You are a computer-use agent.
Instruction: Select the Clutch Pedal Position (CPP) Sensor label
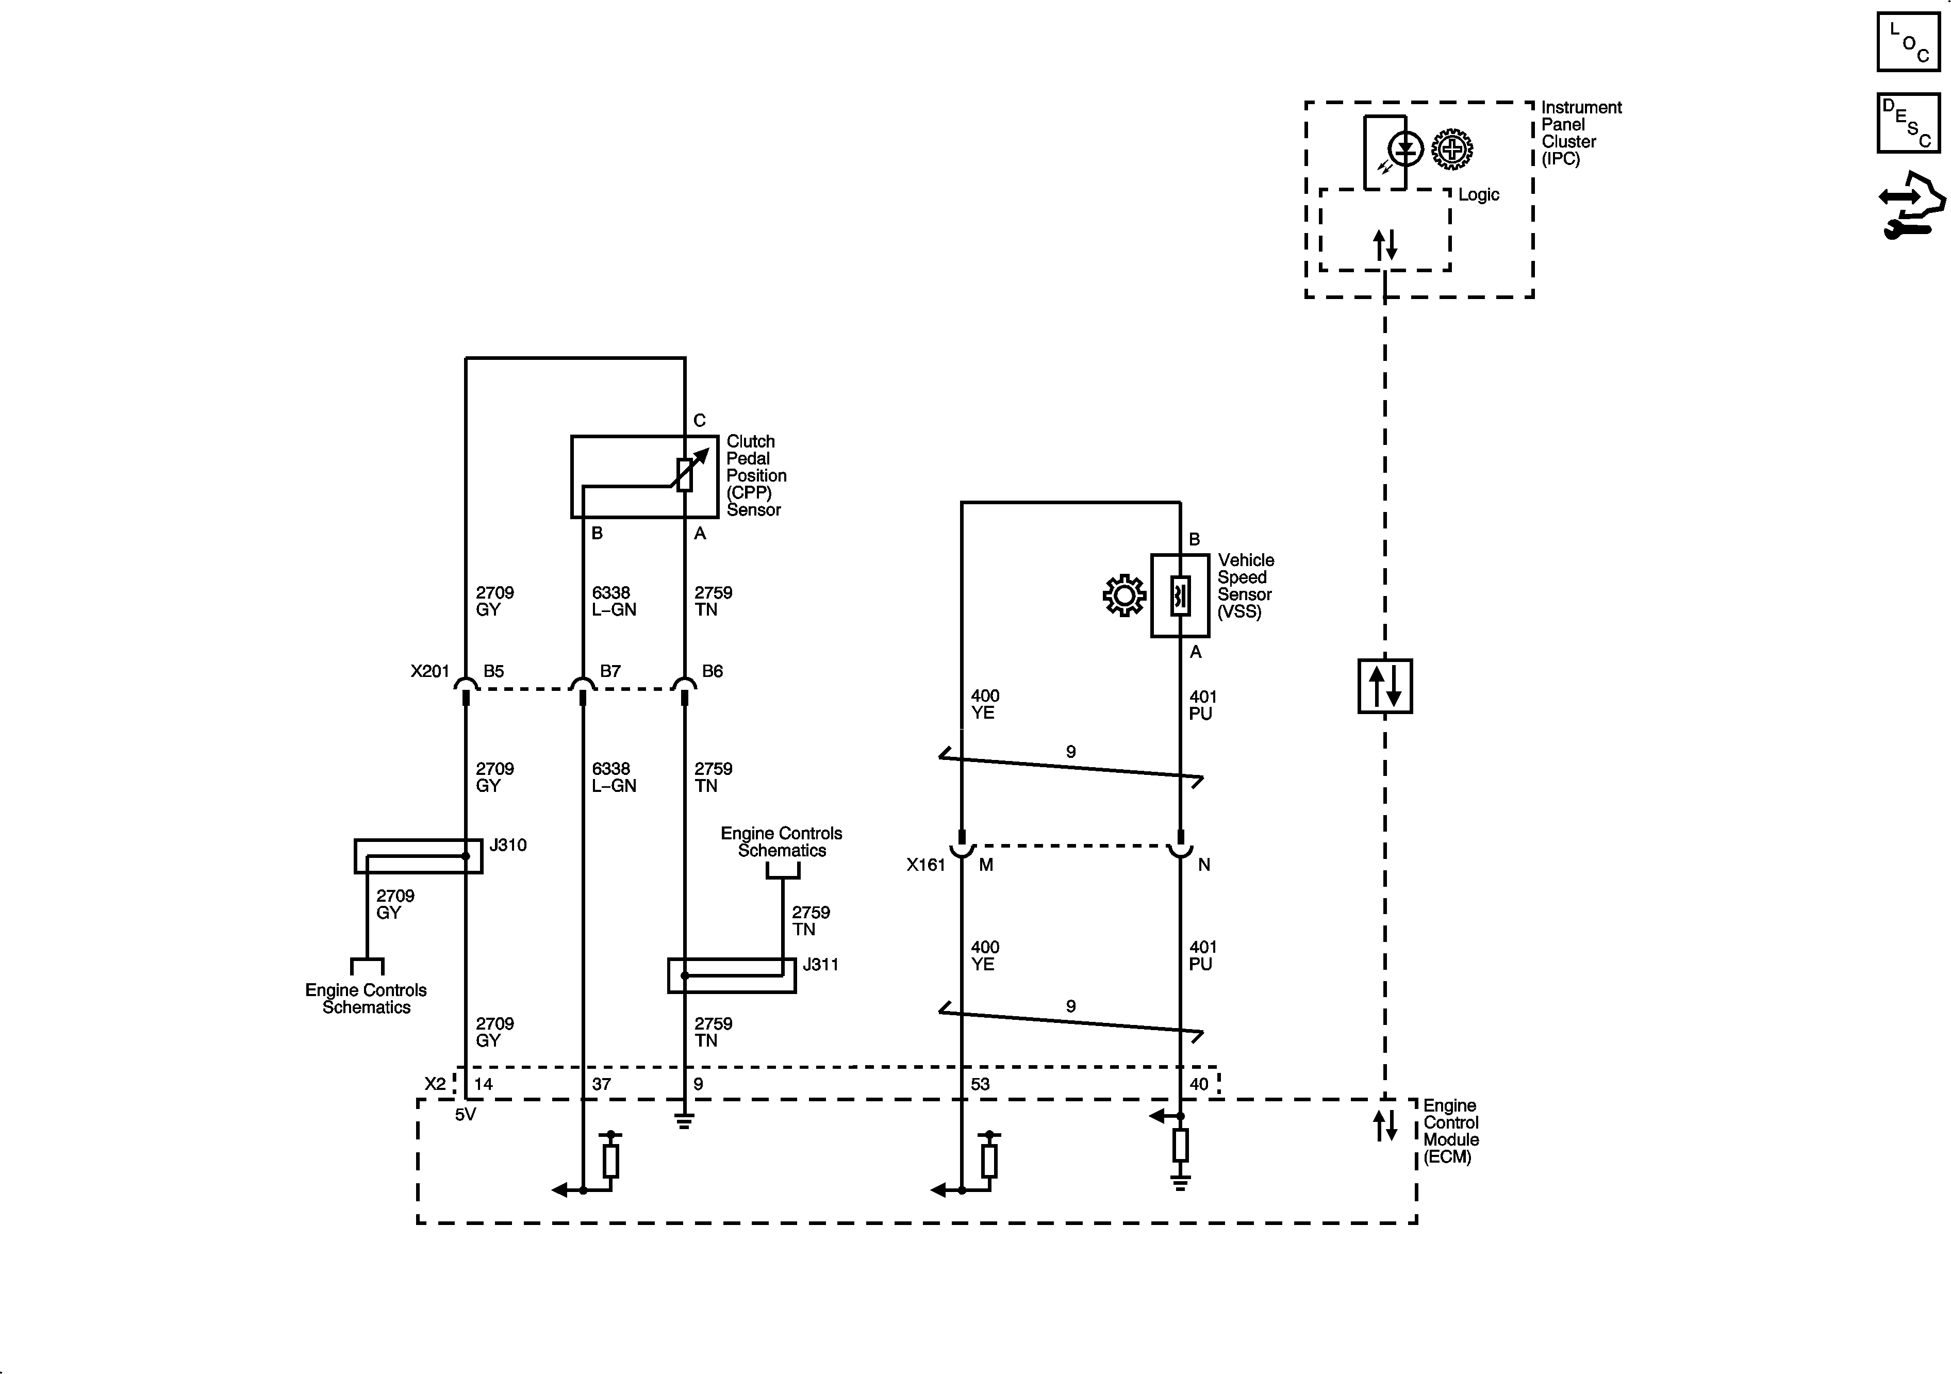click(x=755, y=476)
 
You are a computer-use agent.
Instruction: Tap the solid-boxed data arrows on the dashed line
click(x=1385, y=686)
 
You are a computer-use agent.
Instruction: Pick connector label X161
click(x=925, y=865)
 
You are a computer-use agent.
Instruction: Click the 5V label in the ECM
click(x=465, y=1114)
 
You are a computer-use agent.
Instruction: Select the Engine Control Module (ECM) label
click(x=1450, y=1131)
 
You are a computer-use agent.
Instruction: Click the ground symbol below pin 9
click(x=684, y=1122)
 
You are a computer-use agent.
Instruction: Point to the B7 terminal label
click(x=610, y=671)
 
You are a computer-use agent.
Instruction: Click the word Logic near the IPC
click(x=1479, y=194)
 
